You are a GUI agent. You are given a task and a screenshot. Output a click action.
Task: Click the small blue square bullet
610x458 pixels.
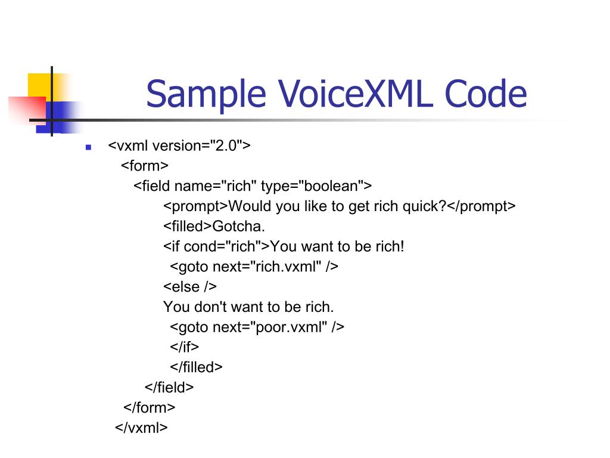tap(88, 147)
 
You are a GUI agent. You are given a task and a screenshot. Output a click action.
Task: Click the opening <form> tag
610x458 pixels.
tap(145, 166)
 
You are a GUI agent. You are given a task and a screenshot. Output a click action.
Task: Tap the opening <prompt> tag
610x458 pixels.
tap(196, 206)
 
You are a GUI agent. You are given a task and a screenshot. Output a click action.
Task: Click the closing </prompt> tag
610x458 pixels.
tap(481, 206)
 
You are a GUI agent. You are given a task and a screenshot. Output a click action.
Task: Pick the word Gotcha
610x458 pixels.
tap(239, 227)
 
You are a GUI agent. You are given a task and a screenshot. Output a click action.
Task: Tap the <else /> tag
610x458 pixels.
tap(190, 287)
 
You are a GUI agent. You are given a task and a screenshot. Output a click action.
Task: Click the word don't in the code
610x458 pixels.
tap(210, 307)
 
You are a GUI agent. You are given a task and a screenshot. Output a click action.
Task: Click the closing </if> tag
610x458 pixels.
tap(185, 347)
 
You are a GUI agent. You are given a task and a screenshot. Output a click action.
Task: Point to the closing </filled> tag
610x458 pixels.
tap(196, 367)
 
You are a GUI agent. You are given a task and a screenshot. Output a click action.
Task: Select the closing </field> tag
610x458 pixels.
tap(170, 387)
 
